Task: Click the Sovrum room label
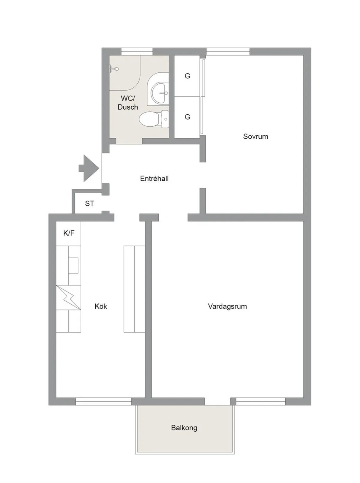click(x=255, y=136)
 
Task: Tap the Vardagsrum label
click(x=227, y=306)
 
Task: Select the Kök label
click(x=101, y=306)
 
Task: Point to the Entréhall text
click(x=154, y=178)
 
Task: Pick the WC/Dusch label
click(x=128, y=103)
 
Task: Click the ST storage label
click(x=89, y=204)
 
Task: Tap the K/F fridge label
click(x=69, y=233)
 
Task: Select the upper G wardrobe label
click(x=187, y=76)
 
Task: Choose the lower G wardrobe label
click(x=187, y=117)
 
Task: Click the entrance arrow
click(x=89, y=168)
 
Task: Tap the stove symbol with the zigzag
click(x=69, y=298)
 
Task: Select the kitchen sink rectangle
click(x=73, y=265)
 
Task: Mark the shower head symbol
click(x=114, y=69)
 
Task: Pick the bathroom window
click(x=137, y=52)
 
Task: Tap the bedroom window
click(x=228, y=52)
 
